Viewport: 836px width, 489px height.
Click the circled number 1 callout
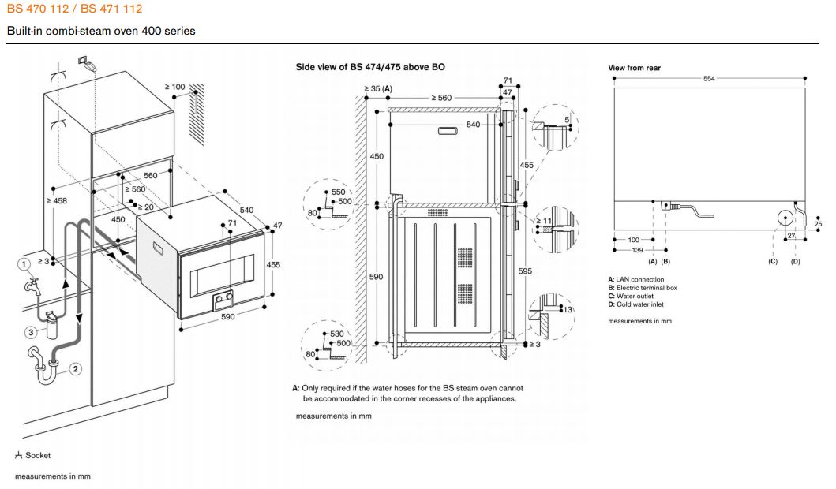[x=24, y=263]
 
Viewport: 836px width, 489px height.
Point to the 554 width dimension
[x=710, y=78]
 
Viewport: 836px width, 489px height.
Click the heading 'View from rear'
[x=634, y=68]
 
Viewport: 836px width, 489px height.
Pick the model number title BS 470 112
[x=39, y=9]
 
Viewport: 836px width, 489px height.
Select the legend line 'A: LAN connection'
[x=636, y=279]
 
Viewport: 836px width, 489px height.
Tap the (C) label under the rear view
[x=773, y=260]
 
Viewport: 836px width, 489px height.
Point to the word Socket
[x=37, y=455]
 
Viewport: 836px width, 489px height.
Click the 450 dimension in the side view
[x=377, y=157]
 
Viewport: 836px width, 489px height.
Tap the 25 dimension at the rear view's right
[x=818, y=225]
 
